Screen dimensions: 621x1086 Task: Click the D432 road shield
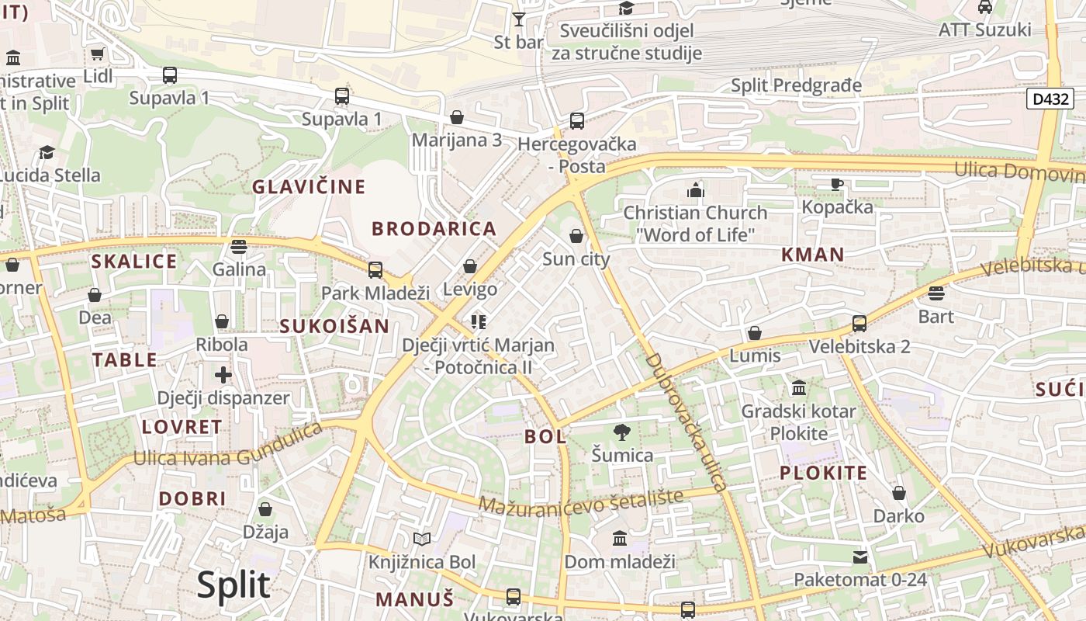(1050, 99)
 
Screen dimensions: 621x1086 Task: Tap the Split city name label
(233, 585)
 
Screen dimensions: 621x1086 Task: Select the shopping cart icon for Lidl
(97, 54)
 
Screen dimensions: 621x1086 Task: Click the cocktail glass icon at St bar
(519, 19)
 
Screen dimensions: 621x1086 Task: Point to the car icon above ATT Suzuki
(984, 7)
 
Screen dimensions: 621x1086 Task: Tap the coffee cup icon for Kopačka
(836, 184)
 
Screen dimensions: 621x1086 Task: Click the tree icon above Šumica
(621, 432)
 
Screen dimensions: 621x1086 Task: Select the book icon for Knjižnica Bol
(421, 539)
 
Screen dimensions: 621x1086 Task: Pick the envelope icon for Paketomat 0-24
(860, 557)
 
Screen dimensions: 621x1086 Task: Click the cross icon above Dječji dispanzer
(223, 376)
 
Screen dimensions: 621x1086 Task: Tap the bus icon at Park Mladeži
(375, 269)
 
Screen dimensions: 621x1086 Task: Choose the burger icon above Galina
(239, 247)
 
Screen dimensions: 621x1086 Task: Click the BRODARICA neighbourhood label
(434, 228)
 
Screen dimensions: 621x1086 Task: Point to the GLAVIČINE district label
(308, 186)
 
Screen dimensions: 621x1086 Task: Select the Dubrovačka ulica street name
(687, 423)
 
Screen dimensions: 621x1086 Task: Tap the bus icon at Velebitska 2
(859, 323)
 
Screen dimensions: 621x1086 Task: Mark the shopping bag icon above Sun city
(576, 236)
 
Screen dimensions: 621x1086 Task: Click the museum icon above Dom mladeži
(619, 538)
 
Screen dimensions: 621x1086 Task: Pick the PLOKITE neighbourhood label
(823, 473)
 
